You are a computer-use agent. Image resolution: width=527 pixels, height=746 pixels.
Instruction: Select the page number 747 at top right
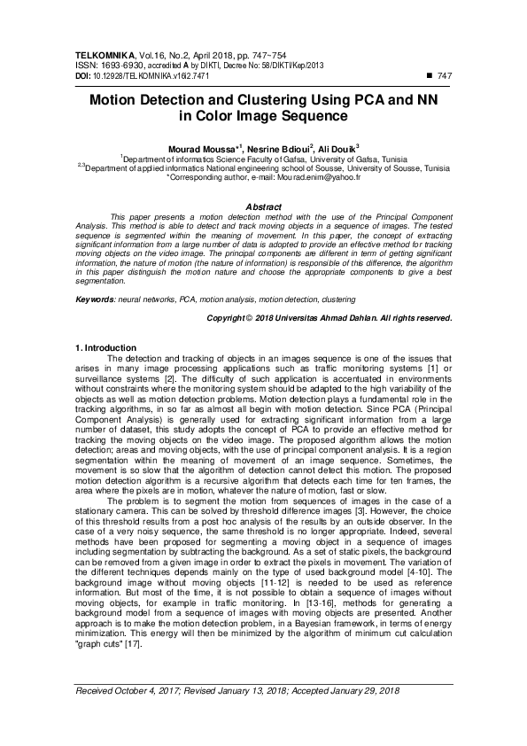[445, 76]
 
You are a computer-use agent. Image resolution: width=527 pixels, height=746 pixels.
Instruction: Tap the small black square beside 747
[430, 76]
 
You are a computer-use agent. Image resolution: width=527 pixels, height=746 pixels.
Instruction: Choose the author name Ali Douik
[337, 149]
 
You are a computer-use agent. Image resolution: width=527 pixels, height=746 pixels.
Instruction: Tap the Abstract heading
[263, 206]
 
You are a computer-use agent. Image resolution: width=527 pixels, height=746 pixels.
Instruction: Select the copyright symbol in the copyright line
[249, 316]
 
